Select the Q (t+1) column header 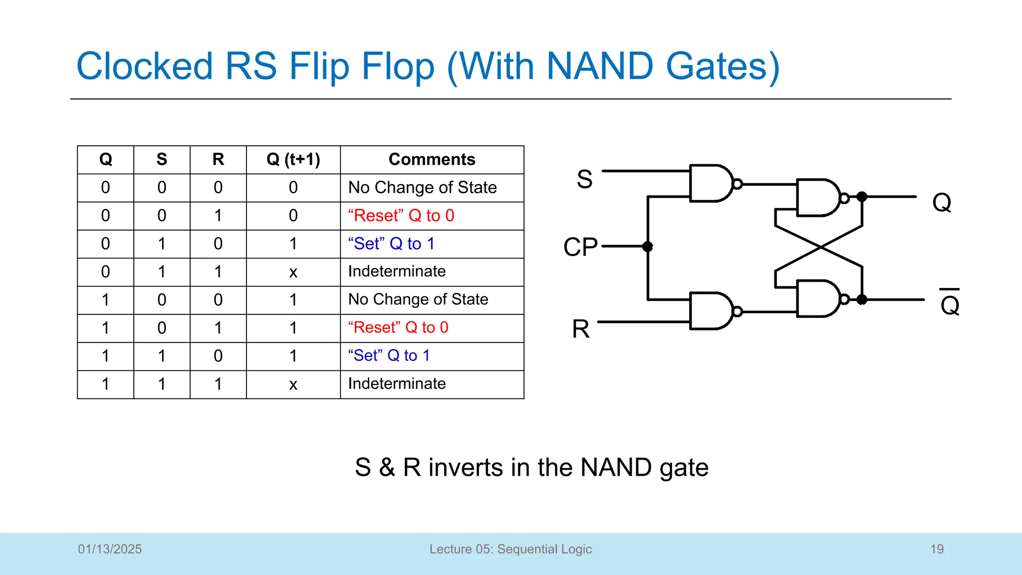293,159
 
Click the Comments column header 432,159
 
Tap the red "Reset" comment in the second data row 401,216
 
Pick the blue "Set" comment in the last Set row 389,355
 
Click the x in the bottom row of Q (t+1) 293,384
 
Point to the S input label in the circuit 584,179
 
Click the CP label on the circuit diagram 580,247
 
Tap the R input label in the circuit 581,329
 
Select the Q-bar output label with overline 950,303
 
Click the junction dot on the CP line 648,246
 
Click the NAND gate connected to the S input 711,183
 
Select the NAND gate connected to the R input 711,311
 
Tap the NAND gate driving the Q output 818,198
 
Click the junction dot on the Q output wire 862,197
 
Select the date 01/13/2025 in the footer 110,549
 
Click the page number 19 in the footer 937,549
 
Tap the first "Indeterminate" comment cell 397,272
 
